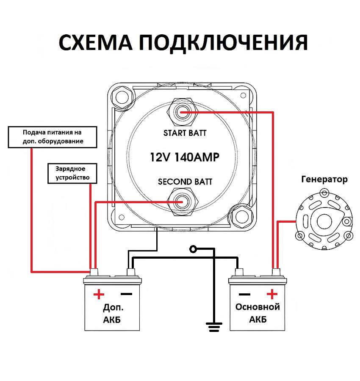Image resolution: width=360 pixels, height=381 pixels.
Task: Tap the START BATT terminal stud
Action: (x=182, y=112)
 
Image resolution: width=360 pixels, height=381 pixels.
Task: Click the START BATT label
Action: (x=185, y=133)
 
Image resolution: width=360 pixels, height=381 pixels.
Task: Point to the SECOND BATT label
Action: (x=185, y=182)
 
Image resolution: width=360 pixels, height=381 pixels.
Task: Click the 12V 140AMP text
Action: (x=185, y=157)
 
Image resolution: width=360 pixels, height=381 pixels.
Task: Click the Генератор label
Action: (x=324, y=179)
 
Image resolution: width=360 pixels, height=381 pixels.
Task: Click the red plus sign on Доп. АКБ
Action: (x=98, y=294)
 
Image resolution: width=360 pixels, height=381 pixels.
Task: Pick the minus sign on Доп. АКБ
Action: (x=126, y=294)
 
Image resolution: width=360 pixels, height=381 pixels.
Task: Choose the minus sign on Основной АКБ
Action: (x=244, y=294)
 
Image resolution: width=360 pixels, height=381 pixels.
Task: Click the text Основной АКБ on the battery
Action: (x=258, y=313)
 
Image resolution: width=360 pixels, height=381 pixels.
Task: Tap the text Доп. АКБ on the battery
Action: (x=112, y=313)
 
